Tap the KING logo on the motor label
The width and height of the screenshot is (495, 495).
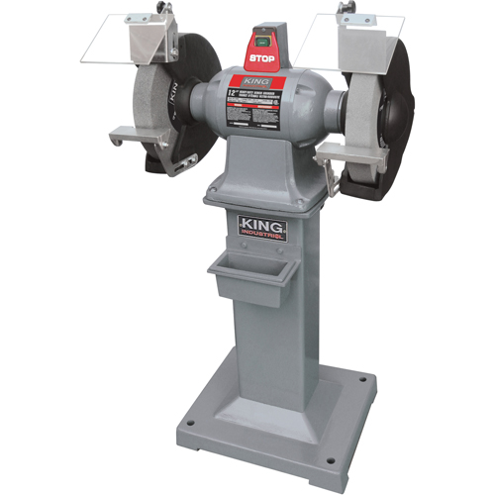click(254, 81)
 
